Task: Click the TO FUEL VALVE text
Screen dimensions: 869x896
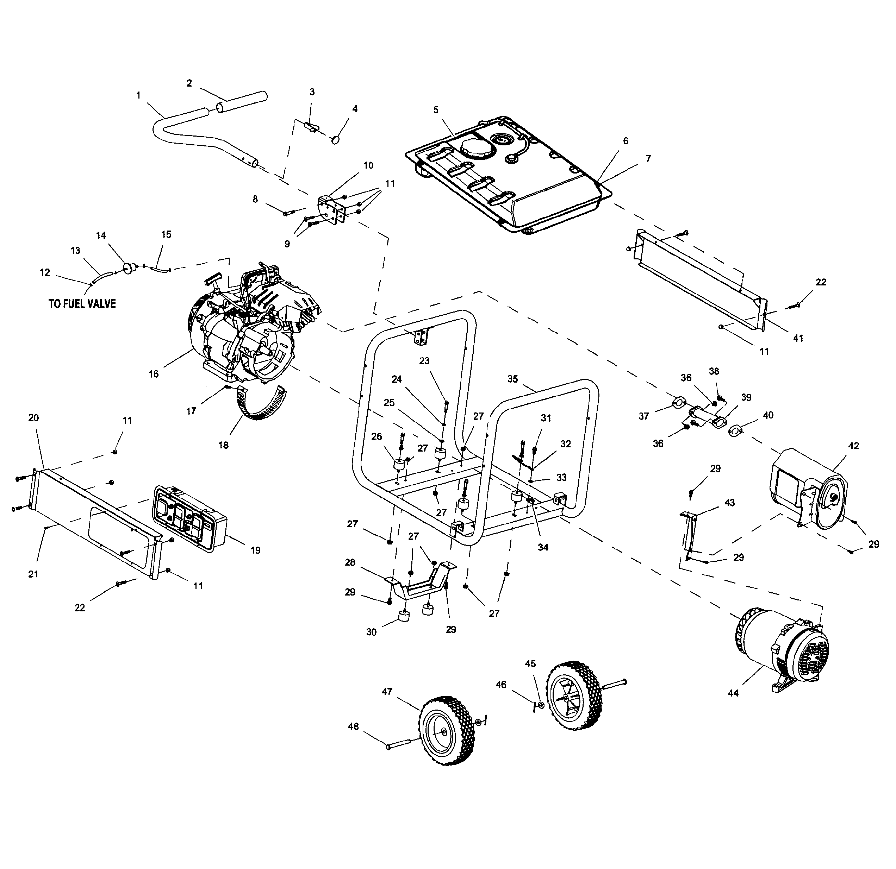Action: pyautogui.click(x=82, y=304)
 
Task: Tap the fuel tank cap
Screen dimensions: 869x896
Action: pyautogui.click(x=476, y=149)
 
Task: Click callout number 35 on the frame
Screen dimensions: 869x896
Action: pyautogui.click(x=512, y=379)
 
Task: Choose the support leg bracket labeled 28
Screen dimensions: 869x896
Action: pyautogui.click(x=421, y=586)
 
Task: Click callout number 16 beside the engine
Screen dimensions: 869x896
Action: pyautogui.click(x=154, y=374)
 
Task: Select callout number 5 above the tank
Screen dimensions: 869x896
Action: pyautogui.click(x=436, y=110)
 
